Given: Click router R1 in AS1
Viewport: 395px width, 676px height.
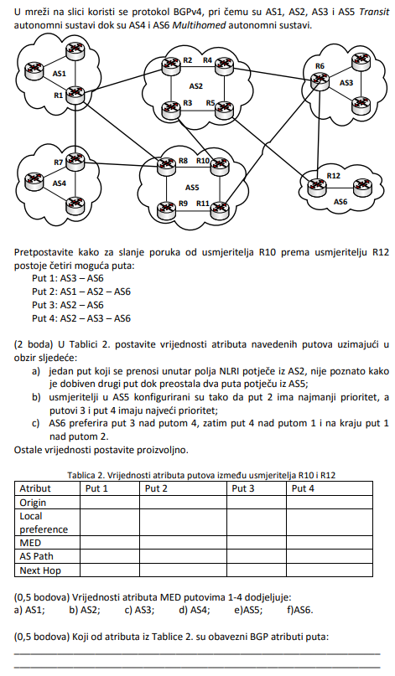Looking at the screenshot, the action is point(75,95).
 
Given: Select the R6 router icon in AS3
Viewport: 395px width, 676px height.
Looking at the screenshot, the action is point(319,79).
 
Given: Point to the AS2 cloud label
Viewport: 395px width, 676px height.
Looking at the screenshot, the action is point(196,85).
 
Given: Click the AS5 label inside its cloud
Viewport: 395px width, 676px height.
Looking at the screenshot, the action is point(193,188).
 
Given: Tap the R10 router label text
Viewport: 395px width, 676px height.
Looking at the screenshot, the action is point(203,160).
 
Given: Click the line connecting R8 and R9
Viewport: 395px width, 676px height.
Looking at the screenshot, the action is point(166,186).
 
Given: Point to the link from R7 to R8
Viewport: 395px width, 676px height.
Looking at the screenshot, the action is point(120,163).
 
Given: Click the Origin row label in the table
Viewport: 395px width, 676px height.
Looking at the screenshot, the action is point(33,503).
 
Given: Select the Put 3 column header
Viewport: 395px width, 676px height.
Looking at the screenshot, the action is point(243,488).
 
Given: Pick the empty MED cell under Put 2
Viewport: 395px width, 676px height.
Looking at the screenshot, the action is point(183,542).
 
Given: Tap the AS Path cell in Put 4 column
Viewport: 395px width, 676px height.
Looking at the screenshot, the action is point(330,556).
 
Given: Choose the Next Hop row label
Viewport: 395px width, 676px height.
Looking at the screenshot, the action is point(40,570).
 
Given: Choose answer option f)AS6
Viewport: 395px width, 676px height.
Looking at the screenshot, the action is point(299,610).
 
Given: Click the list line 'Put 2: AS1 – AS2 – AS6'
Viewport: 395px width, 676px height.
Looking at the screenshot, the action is point(81,292).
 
